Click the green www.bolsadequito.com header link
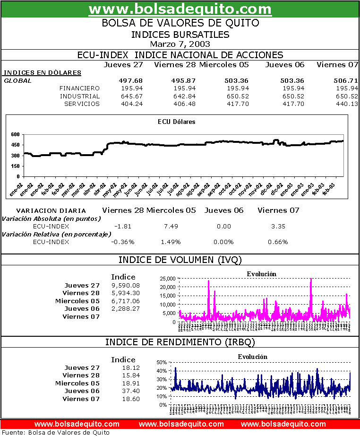pyautogui.click(x=180, y=9)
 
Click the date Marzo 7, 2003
pyautogui.click(x=180, y=44)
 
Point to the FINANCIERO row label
pyautogui.click(x=79, y=88)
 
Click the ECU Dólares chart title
pyautogui.click(x=176, y=122)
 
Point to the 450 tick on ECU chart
pyautogui.click(x=15, y=145)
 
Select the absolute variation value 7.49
pyautogui.click(x=171, y=227)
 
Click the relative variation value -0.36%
pyautogui.click(x=123, y=242)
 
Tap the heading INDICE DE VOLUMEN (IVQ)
pyautogui.click(x=180, y=259)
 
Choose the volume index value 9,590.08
pyautogui.click(x=126, y=286)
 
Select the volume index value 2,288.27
pyautogui.click(x=126, y=309)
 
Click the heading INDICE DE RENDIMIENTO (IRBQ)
pyautogui.click(x=180, y=342)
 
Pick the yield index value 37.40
pyautogui.click(x=131, y=391)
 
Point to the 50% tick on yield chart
pyautogui.click(x=162, y=362)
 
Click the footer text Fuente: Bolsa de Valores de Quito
pyautogui.click(x=56, y=432)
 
